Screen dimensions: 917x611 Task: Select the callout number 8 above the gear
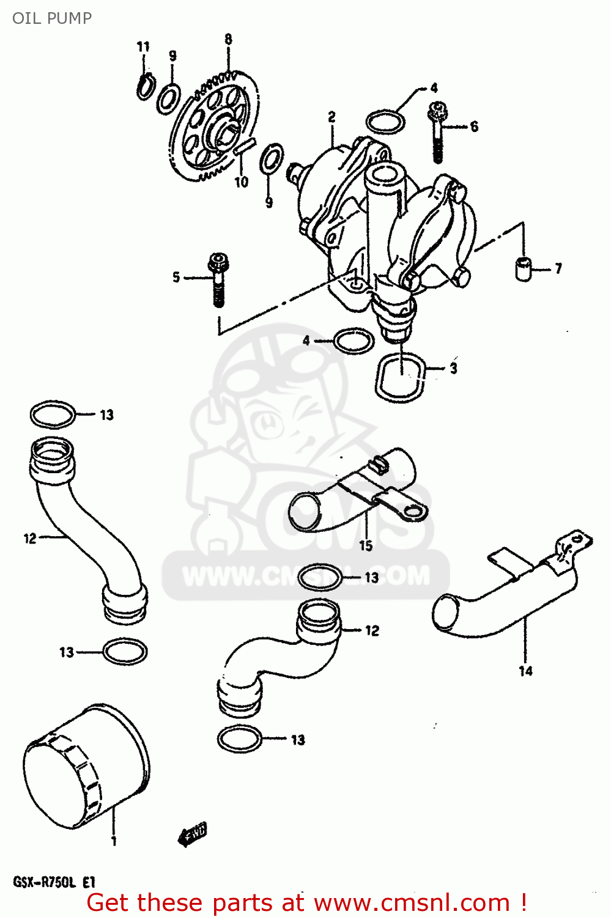228,40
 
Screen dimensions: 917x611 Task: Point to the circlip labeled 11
145,86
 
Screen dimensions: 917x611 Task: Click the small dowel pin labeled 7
524,268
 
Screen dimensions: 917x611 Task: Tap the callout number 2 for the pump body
331,117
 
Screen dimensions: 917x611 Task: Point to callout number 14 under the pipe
525,671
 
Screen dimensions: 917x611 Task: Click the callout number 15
366,545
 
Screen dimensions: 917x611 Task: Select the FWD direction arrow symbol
193,833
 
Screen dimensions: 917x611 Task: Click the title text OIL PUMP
52,18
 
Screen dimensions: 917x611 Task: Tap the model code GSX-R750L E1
54,882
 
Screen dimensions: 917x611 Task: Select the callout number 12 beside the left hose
30,539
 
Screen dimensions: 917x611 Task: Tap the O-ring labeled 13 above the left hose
53,414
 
